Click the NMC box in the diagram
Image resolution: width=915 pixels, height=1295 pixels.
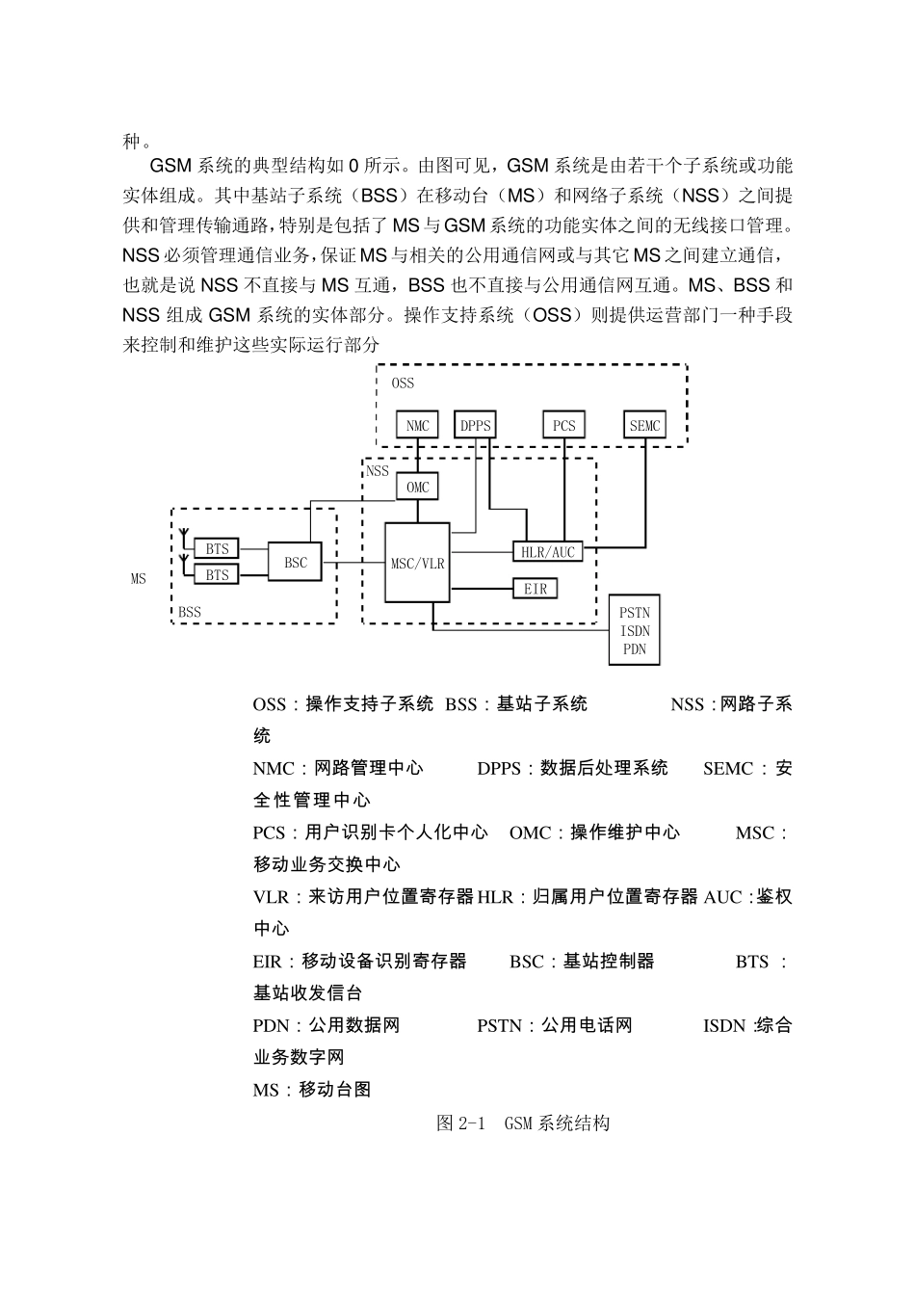click(x=417, y=426)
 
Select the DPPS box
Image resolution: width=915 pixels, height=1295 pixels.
click(x=475, y=426)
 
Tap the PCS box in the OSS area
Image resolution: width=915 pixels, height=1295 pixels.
click(x=563, y=426)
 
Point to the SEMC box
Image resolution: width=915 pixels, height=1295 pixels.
click(x=644, y=426)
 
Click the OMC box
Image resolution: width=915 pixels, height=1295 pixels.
click(x=417, y=488)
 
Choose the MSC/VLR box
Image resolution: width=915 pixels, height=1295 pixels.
click(x=417, y=563)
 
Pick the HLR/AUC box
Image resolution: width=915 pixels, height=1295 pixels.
click(x=548, y=552)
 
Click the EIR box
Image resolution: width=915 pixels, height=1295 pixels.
click(x=536, y=588)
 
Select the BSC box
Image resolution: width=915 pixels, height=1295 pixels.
click(x=296, y=562)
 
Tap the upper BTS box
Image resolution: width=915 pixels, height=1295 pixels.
click(x=218, y=549)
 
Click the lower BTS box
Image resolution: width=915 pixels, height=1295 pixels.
click(x=218, y=575)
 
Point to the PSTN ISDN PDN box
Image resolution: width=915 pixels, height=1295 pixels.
click(x=635, y=630)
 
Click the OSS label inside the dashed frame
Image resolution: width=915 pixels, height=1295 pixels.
click(x=403, y=383)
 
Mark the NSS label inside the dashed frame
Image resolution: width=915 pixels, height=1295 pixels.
click(x=378, y=471)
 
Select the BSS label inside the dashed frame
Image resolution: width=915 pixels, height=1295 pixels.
click(x=190, y=612)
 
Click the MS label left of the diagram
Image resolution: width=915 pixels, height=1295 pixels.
click(x=139, y=579)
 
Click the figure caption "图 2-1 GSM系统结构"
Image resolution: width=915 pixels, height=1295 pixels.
click(x=522, y=1123)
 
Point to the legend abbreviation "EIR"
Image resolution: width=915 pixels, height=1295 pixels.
click(x=267, y=962)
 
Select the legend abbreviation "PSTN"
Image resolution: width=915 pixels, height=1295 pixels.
click(x=498, y=1026)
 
